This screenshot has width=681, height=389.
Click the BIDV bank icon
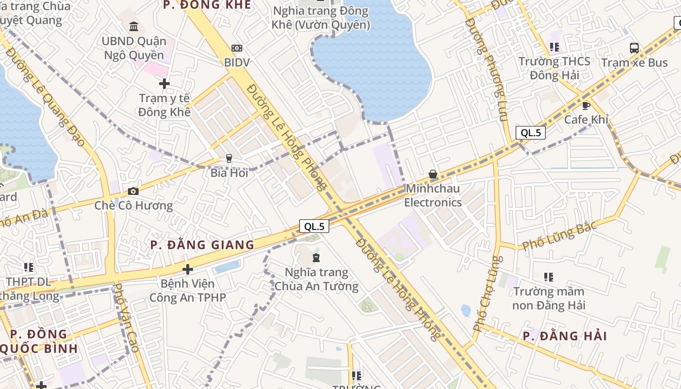click(x=237, y=48)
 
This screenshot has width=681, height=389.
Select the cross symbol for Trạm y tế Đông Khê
click(x=164, y=84)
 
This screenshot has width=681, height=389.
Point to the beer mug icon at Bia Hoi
click(x=229, y=158)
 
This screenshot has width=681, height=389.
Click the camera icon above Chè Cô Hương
click(x=133, y=191)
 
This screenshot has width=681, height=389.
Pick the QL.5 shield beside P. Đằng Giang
click(x=314, y=226)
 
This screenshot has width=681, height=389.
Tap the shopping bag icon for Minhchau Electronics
click(x=432, y=174)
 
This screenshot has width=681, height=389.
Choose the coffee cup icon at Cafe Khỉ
click(x=586, y=106)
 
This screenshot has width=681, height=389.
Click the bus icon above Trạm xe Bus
click(x=634, y=48)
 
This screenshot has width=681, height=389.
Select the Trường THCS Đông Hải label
click(x=554, y=68)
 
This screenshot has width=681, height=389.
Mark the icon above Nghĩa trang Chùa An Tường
click(x=316, y=257)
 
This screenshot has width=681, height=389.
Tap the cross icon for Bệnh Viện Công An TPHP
click(x=188, y=269)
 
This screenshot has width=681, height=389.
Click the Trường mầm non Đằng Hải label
click(x=549, y=299)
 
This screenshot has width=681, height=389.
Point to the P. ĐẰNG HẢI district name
click(x=565, y=336)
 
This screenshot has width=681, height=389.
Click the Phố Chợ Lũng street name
click(x=487, y=294)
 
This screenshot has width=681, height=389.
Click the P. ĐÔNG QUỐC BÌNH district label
click(x=39, y=341)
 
